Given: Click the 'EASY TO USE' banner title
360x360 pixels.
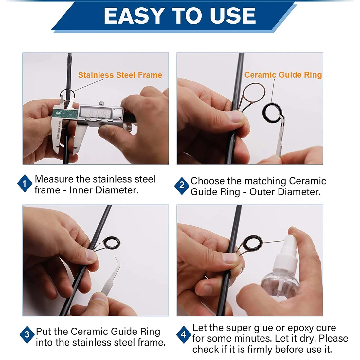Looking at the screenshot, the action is click(x=180, y=16).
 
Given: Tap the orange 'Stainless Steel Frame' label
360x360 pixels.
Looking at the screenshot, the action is click(x=120, y=75).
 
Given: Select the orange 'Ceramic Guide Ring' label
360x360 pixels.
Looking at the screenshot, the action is click(x=283, y=75).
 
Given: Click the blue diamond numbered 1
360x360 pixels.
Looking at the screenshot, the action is click(x=25, y=184).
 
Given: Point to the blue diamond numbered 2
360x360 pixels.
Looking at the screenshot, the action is click(x=182, y=185).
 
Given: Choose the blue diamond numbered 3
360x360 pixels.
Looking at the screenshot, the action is click(x=27, y=334).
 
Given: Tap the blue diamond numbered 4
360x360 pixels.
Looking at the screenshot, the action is click(x=184, y=334).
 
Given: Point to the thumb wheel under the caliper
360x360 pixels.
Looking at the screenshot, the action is click(x=127, y=127).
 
